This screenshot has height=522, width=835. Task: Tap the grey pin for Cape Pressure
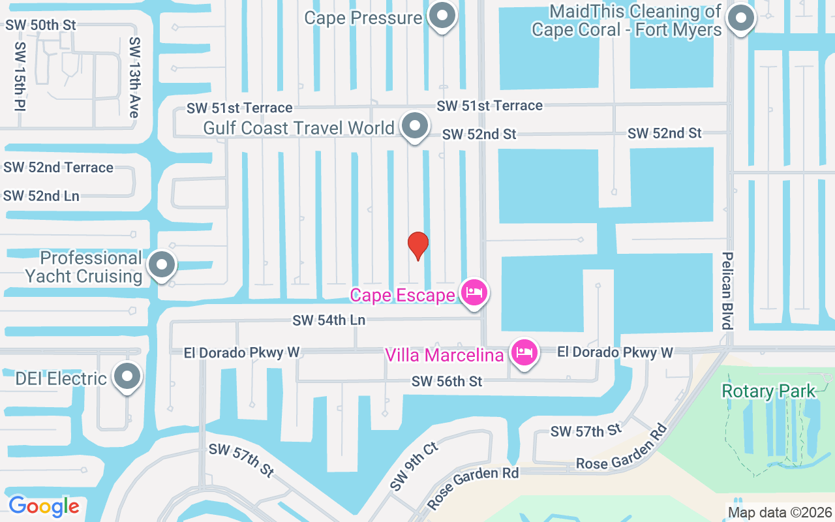[x=442, y=16]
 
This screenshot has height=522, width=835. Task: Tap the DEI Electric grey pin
[x=127, y=376]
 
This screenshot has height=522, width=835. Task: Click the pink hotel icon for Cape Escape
[x=473, y=292]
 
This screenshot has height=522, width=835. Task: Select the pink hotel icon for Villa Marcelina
[x=524, y=352]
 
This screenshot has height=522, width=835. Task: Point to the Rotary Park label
[x=768, y=391]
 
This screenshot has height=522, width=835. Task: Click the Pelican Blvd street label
[x=727, y=290]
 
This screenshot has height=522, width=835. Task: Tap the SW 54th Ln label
[x=329, y=320]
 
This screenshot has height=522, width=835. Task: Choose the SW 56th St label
[x=446, y=382]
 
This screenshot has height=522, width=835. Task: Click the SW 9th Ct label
[x=414, y=466]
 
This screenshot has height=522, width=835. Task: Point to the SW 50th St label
[x=41, y=25]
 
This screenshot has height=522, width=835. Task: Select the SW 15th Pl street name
[x=20, y=77]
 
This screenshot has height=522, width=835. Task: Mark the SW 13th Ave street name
[x=134, y=77]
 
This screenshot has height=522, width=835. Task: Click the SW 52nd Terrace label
[x=58, y=168]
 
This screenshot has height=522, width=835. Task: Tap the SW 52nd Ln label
[x=41, y=196]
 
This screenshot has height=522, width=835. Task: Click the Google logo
[x=44, y=506]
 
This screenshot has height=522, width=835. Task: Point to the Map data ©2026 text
[x=780, y=512]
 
